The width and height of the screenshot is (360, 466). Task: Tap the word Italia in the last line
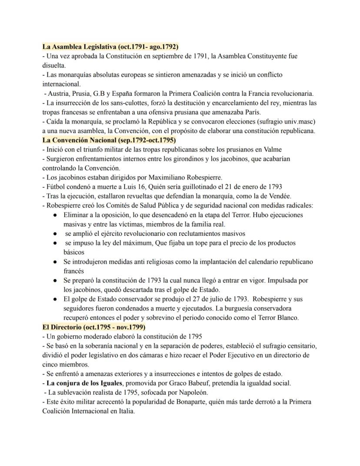[x=125, y=411]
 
